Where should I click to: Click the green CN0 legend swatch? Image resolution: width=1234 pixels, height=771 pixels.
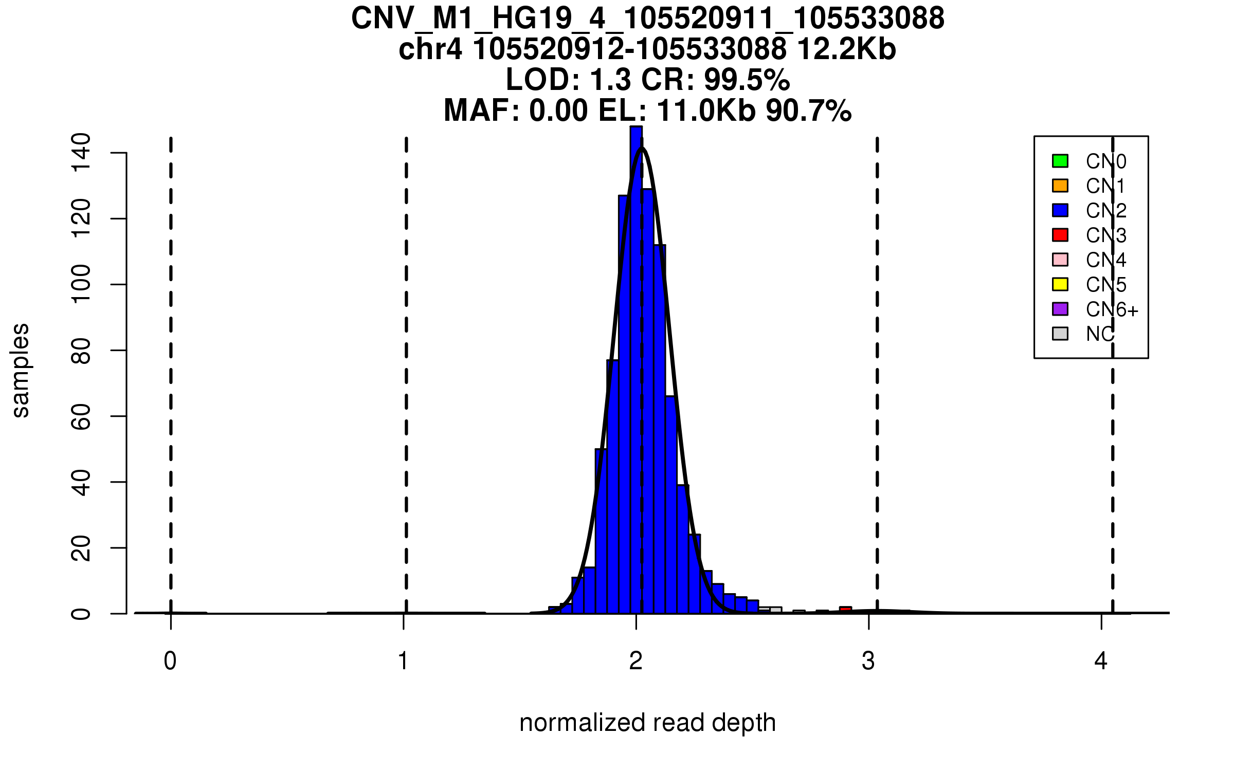[x=1060, y=161]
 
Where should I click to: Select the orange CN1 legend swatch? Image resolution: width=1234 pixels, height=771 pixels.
[x=1060, y=186]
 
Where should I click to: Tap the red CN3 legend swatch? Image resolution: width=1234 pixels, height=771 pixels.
[x=1060, y=235]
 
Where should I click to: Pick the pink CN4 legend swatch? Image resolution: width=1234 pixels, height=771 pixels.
[x=1060, y=260]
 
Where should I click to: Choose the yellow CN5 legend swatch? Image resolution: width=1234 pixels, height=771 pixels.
[x=1060, y=284]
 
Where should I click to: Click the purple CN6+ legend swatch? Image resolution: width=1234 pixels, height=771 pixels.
[x=1060, y=309]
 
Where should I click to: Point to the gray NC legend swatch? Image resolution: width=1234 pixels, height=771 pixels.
[x=1060, y=334]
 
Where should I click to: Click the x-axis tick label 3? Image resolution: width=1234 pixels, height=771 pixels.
[x=868, y=661]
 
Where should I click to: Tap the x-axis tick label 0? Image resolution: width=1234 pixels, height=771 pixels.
[x=170, y=661]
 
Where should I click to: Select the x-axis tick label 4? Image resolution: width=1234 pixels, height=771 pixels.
[x=1101, y=661]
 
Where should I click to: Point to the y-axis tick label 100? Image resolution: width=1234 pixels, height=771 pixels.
[x=81, y=284]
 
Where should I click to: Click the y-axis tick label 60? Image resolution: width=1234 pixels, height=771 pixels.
[x=81, y=416]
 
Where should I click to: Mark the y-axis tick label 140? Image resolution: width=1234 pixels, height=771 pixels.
[x=81, y=153]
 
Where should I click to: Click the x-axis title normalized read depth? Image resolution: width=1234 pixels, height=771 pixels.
[x=647, y=723]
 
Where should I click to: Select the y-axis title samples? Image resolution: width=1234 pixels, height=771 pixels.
[x=21, y=370]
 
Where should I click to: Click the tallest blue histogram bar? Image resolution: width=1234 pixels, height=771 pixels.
[x=636, y=360]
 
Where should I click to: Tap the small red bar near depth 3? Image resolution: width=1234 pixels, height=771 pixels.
[x=845, y=610]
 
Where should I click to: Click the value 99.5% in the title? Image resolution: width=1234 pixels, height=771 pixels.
[x=747, y=80]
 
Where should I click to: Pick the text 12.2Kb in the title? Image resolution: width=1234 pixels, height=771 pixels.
[x=846, y=49]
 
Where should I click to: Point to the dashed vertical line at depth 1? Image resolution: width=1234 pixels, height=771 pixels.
[x=406, y=360]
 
